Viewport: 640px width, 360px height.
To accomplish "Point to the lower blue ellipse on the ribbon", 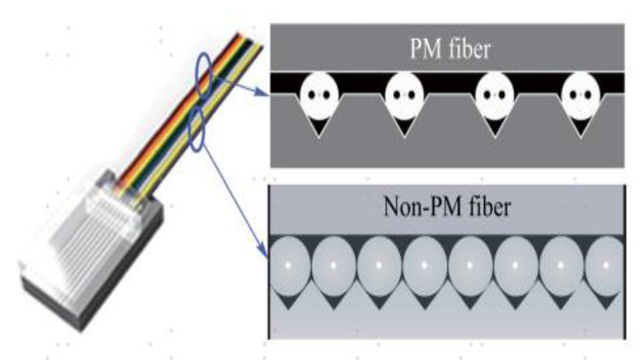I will [x=196, y=129].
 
